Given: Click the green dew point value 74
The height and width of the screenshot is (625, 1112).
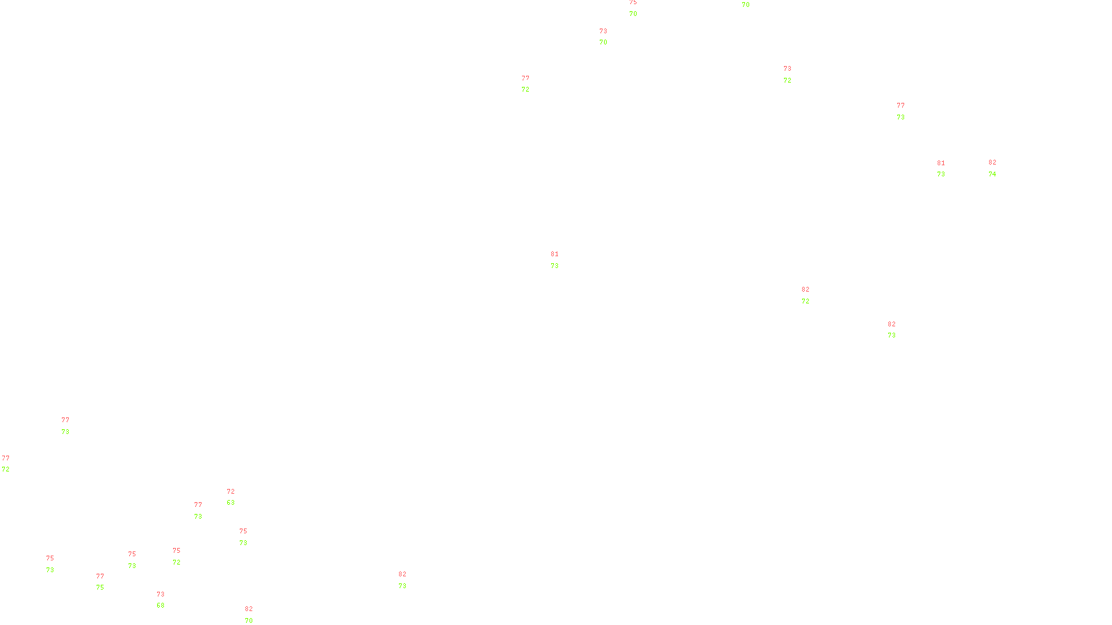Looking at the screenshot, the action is tap(992, 174).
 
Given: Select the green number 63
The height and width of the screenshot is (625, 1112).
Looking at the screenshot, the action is tap(231, 503).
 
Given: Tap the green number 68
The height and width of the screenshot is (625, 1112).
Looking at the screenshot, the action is tap(161, 606).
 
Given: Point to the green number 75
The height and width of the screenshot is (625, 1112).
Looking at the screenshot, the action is tap(100, 587).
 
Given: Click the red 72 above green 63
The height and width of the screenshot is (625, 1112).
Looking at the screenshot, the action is tap(231, 492).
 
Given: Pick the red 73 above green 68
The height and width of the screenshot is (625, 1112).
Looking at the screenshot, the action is tap(161, 594).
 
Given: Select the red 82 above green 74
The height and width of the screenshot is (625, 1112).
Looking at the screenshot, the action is tap(992, 162).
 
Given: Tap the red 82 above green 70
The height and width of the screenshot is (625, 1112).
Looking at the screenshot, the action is tap(249, 609).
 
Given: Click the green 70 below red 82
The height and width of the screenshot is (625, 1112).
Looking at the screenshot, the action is tap(249, 621).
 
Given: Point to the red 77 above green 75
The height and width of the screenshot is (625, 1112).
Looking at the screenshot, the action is tap(100, 576).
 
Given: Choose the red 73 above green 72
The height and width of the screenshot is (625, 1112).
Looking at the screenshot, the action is tap(787, 69).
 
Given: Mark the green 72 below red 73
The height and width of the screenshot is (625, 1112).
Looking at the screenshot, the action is tap(787, 81).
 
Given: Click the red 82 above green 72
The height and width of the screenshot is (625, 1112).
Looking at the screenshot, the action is tap(806, 290).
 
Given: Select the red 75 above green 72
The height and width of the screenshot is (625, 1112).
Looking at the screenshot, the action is tap(177, 551).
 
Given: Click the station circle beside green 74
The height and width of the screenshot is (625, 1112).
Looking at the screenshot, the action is tap(999, 168).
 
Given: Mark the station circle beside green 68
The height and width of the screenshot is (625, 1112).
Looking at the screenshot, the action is tap(167, 600).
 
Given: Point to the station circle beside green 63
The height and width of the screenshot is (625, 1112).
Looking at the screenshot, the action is tap(238, 497).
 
